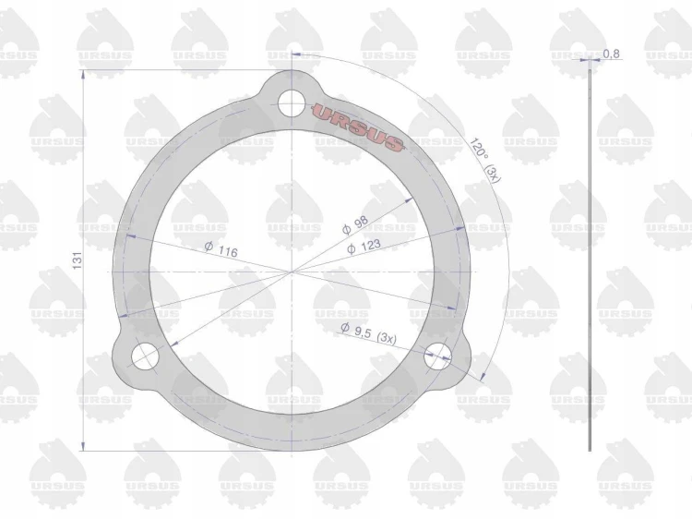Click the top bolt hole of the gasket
[292, 103]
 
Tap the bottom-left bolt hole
[145, 356]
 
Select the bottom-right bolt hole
[437, 356]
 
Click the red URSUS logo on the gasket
[358, 127]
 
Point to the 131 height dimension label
[78, 260]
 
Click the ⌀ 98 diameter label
[355, 224]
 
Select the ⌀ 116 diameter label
[221, 249]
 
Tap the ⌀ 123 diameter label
[364, 247]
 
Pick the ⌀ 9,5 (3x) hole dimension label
[368, 333]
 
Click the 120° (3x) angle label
[484, 161]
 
